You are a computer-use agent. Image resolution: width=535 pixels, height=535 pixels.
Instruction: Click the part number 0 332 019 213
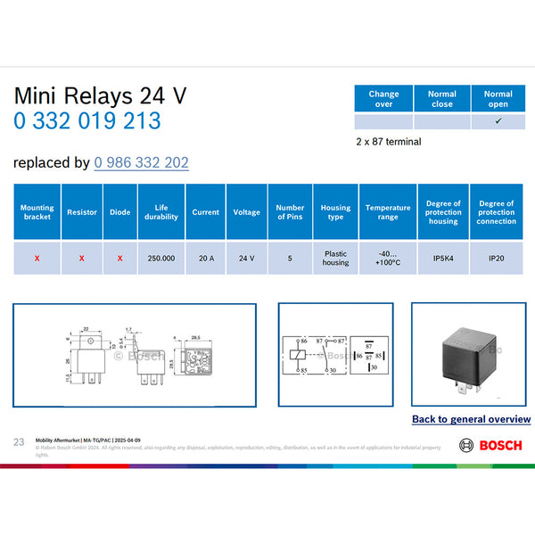coord(86,120)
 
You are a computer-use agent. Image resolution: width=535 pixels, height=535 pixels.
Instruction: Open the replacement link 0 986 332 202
coord(141,162)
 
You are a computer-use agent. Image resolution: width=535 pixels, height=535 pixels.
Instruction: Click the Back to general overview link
coord(471,419)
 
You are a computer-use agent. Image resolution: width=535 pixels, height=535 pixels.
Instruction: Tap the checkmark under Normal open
coord(498,121)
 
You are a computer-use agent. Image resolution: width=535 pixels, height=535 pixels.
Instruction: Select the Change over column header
coord(383,98)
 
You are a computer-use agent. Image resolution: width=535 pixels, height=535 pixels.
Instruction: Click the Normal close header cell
coord(441,98)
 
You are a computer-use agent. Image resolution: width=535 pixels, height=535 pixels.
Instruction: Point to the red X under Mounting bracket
coord(37,258)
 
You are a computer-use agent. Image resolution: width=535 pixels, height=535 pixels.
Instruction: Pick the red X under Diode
coord(119,258)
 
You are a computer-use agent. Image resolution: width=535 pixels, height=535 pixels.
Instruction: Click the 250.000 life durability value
coord(161,258)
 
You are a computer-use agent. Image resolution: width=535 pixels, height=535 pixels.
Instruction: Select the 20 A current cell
coord(206,258)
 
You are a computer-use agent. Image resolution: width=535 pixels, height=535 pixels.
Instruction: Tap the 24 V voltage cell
coord(247,258)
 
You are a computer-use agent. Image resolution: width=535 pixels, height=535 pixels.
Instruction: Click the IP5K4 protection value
coord(444,258)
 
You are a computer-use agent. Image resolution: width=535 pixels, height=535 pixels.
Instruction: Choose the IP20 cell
coord(496,258)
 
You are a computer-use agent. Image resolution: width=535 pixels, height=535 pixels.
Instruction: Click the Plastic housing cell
coord(335,258)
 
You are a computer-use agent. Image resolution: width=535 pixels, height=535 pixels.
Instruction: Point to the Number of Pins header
coord(291,212)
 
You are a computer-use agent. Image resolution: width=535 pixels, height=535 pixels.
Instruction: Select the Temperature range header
coord(388,212)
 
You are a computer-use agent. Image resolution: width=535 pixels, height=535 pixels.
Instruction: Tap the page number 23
coord(19,442)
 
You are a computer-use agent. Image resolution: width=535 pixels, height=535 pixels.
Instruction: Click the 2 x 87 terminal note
coord(388,141)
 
